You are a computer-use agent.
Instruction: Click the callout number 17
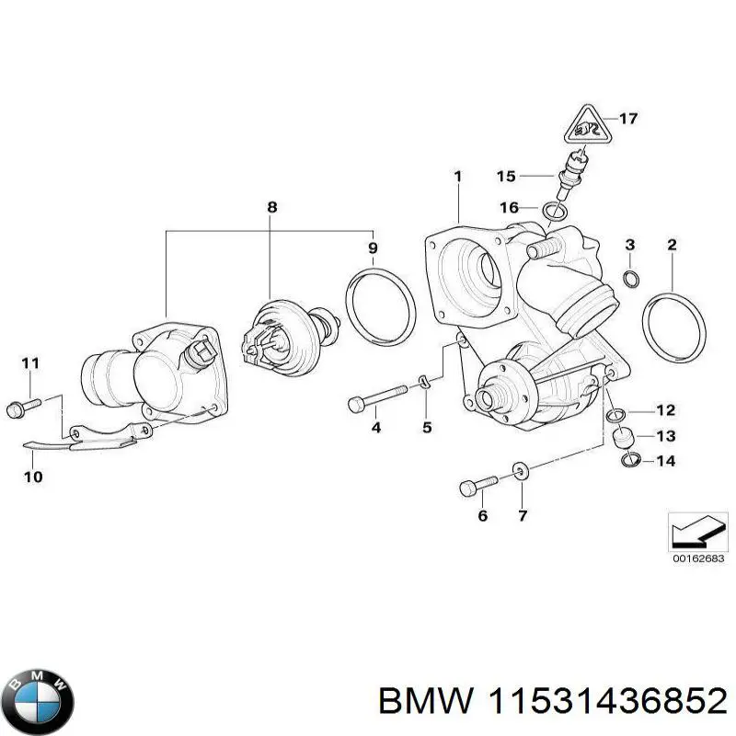[x=627, y=119]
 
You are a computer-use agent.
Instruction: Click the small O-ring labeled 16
[x=555, y=213]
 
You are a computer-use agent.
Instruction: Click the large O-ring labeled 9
[x=379, y=305]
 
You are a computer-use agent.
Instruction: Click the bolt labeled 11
[x=22, y=405]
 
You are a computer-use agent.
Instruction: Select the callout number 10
[x=31, y=477]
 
